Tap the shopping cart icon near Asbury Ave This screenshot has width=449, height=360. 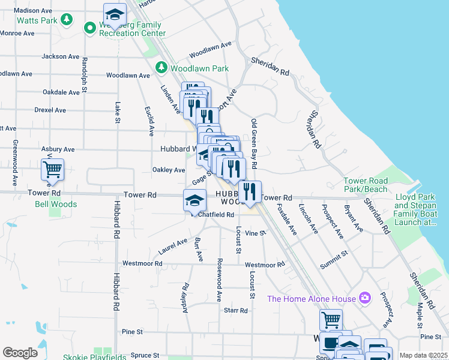click(52, 170)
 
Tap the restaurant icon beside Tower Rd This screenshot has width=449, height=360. click(250, 191)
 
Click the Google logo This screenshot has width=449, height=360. click(20, 353)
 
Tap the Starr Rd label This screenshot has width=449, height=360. click(235, 310)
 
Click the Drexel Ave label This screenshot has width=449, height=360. click(50, 110)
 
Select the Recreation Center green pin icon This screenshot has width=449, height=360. click(90, 27)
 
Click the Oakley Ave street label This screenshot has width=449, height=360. click(169, 170)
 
